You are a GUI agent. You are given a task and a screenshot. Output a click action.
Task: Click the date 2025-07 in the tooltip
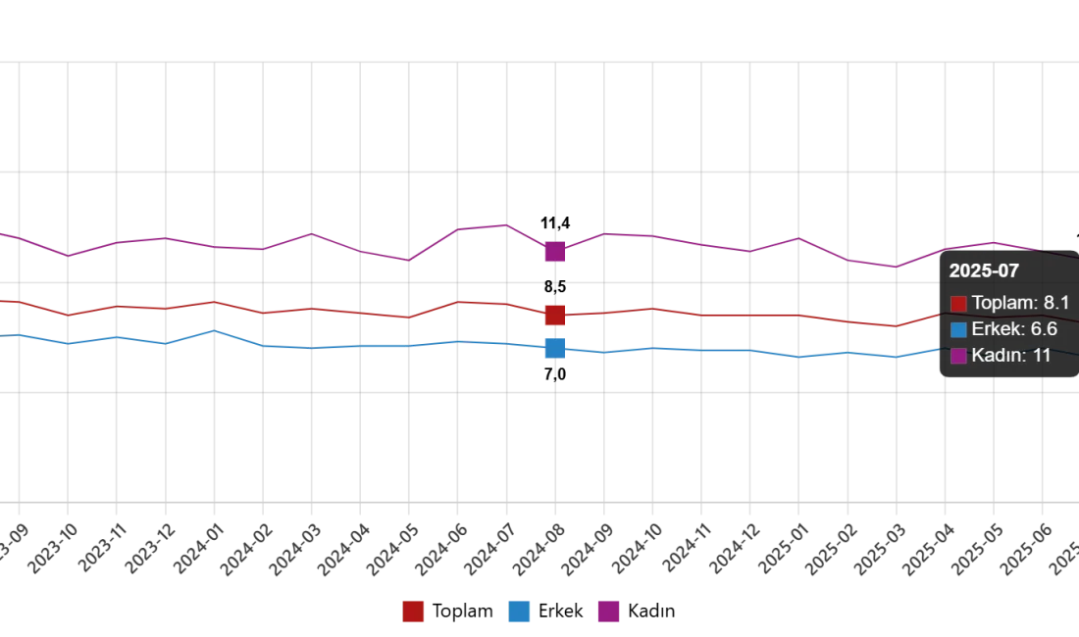pyautogui.click(x=984, y=271)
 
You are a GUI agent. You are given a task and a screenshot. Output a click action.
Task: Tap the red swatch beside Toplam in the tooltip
pyautogui.click(x=958, y=304)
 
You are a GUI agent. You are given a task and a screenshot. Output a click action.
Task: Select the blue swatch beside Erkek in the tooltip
pyautogui.click(x=958, y=330)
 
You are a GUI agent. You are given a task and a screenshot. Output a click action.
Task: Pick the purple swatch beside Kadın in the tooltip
pyautogui.click(x=958, y=356)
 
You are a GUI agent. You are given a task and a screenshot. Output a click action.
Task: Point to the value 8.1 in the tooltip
pyautogui.click(x=1056, y=303)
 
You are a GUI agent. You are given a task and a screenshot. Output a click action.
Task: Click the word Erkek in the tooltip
pyautogui.click(x=996, y=329)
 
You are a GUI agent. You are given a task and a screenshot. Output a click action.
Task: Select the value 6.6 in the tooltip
pyautogui.click(x=1044, y=329)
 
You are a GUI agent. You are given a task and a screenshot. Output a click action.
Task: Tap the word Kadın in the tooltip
pyautogui.click(x=996, y=355)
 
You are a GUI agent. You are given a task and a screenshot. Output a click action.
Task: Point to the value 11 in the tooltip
pyautogui.click(x=1042, y=355)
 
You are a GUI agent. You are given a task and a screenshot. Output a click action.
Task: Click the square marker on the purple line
pyautogui.click(x=555, y=253)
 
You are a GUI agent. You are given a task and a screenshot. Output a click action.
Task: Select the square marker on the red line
pyautogui.click(x=555, y=316)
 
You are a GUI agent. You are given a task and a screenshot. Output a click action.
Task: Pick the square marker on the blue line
pyautogui.click(x=555, y=349)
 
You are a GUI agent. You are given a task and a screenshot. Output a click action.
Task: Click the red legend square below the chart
pyautogui.click(x=414, y=612)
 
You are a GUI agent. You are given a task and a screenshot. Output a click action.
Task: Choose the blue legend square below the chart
pyautogui.click(x=519, y=612)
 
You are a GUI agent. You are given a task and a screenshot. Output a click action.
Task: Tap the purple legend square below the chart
pyautogui.click(x=608, y=612)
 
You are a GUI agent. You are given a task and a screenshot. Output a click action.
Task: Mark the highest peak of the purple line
pyautogui.click(x=504, y=224)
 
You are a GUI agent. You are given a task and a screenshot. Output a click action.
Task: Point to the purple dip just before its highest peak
pyautogui.click(x=407, y=261)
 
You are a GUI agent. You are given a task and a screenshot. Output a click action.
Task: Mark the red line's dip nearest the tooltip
pyautogui.click(x=892, y=325)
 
